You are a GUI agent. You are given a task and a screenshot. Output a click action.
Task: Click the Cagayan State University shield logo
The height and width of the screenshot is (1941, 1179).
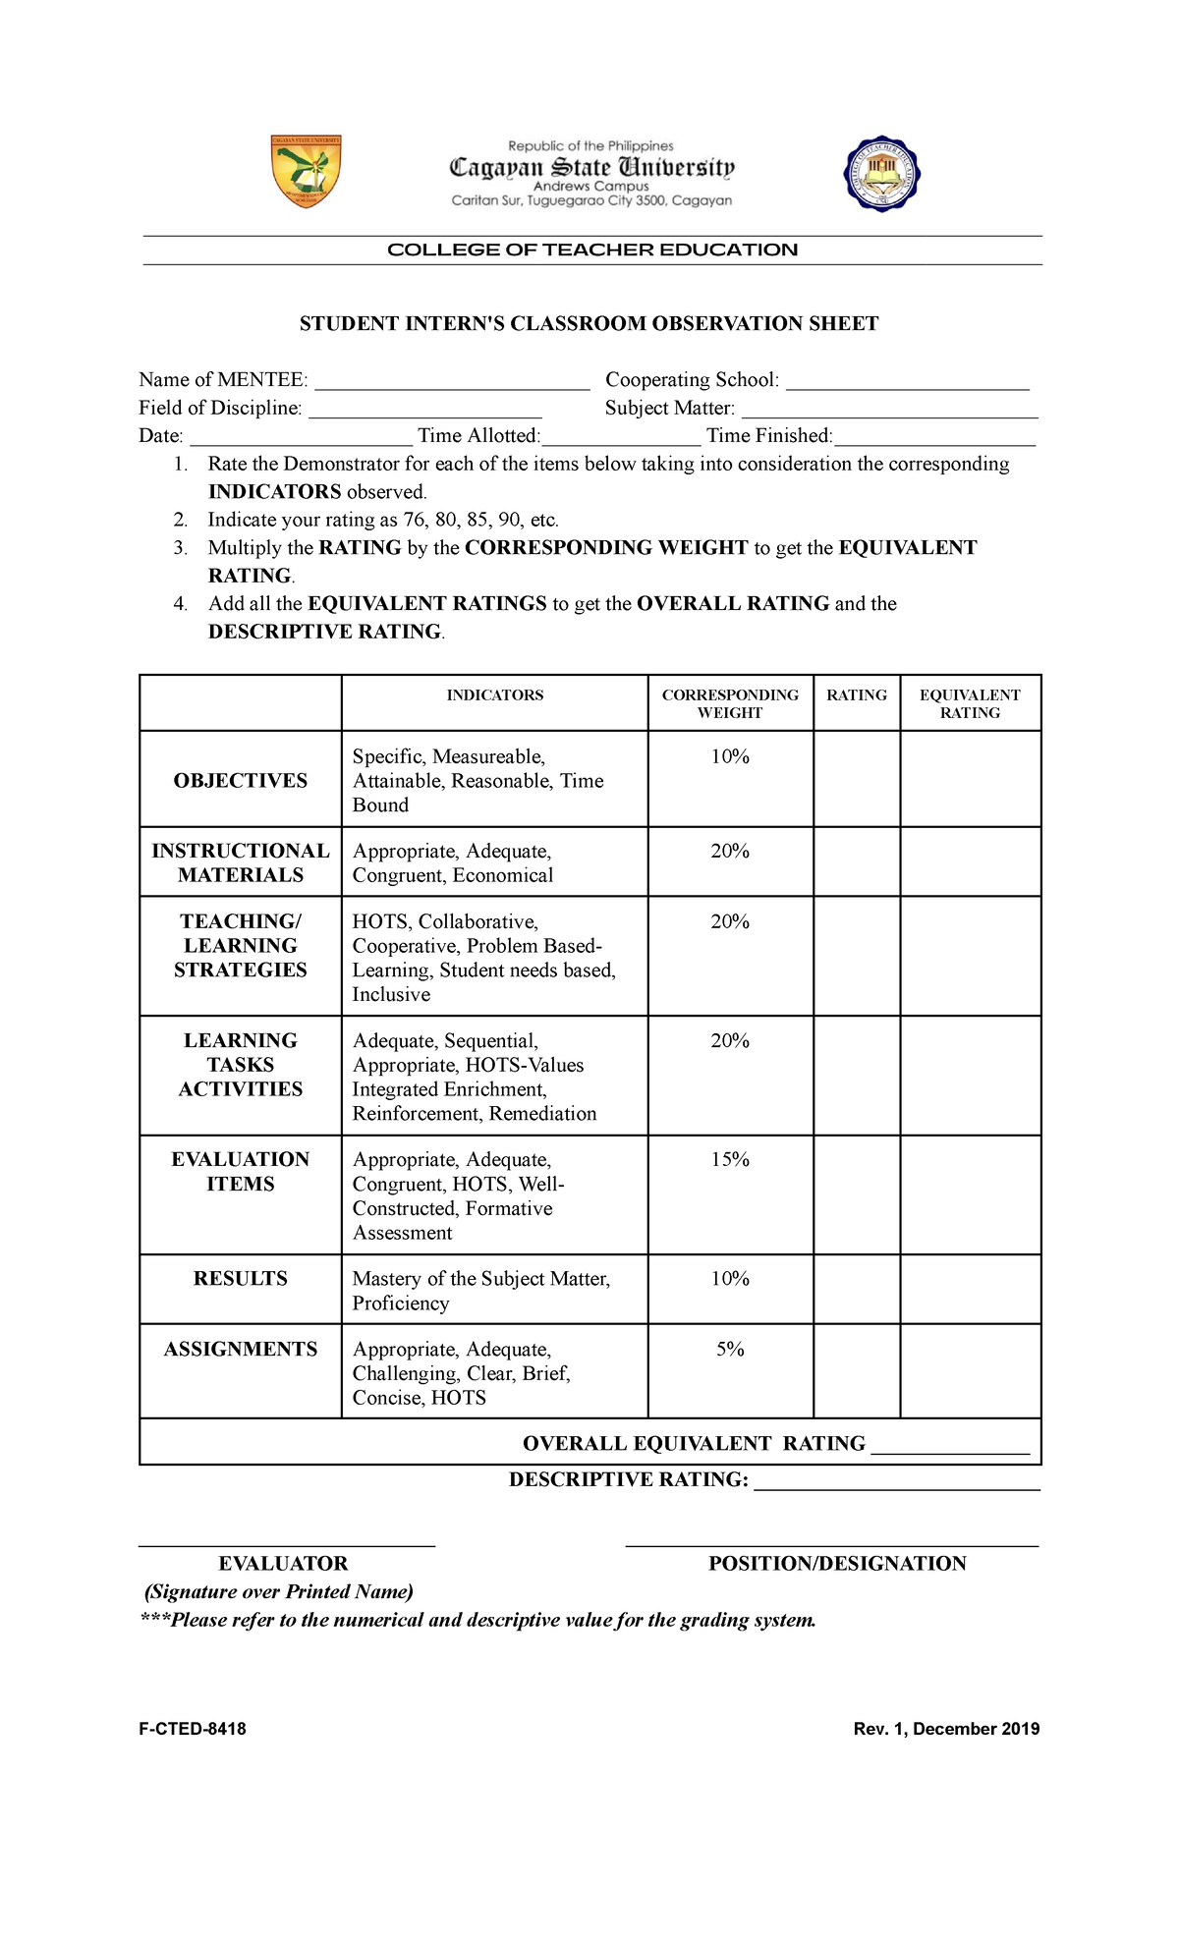pyautogui.click(x=306, y=171)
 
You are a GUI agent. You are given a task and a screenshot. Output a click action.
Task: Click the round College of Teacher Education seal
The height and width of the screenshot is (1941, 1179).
pyautogui.click(x=881, y=173)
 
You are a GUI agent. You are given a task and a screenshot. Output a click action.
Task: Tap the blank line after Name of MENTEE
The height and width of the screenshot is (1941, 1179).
pyautogui.click(x=451, y=383)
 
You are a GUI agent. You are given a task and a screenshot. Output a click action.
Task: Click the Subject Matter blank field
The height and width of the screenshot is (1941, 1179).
pyautogui.click(x=889, y=412)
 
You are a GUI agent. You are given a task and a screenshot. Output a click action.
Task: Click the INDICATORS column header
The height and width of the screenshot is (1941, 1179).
pyautogui.click(x=494, y=695)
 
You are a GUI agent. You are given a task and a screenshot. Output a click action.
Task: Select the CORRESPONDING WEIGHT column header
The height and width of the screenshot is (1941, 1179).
pyautogui.click(x=730, y=703)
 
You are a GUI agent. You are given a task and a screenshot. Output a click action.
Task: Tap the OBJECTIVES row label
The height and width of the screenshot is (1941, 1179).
pyautogui.click(x=241, y=781)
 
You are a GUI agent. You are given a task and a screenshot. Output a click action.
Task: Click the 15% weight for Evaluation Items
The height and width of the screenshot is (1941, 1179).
pyautogui.click(x=730, y=1160)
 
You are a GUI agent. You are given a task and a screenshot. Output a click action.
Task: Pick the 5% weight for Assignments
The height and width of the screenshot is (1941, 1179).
pyautogui.click(x=730, y=1350)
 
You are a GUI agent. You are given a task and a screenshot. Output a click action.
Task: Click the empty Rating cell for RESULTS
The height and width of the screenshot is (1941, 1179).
pyautogui.click(x=856, y=1289)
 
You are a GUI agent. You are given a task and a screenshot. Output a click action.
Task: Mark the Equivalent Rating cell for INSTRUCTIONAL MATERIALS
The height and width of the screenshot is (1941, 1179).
pyautogui.click(x=970, y=861)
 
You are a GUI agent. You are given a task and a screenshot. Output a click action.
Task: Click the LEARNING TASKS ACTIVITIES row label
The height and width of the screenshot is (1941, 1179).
pyautogui.click(x=241, y=1065)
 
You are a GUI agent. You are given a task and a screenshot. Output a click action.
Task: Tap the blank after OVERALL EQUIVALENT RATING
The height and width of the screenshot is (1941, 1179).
pyautogui.click(x=950, y=1446)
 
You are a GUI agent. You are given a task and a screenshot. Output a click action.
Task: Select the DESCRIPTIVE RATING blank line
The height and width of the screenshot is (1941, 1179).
pyautogui.click(x=896, y=1482)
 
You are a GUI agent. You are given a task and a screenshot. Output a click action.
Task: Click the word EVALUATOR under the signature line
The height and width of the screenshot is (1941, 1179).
pyautogui.click(x=283, y=1564)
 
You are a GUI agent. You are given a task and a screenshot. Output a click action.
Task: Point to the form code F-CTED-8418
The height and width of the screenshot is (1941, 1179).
pyautogui.click(x=193, y=1729)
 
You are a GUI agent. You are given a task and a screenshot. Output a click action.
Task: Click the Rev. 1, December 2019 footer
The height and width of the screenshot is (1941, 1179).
pyautogui.click(x=946, y=1729)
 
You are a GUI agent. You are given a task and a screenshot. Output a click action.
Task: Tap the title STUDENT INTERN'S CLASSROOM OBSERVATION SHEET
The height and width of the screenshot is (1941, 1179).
pyautogui.click(x=589, y=324)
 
